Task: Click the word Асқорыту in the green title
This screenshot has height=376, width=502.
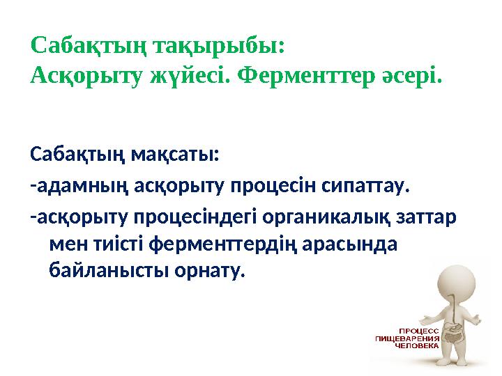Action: pos(86,78)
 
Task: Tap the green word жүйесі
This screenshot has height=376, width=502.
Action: pos(190,77)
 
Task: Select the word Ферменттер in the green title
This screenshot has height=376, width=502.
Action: pos(306,78)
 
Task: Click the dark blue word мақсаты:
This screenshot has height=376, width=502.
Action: pos(175,156)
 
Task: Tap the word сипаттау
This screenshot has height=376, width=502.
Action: pos(365,187)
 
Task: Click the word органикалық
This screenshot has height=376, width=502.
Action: pos(326,217)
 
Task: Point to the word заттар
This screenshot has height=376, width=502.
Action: pos(426,218)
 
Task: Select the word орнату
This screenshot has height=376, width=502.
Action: pos(209,272)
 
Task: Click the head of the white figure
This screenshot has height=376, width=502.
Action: pos(457,285)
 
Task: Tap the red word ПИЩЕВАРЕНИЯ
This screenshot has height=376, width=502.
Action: pos(407,338)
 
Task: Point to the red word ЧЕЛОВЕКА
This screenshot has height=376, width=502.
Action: pos(417,345)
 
